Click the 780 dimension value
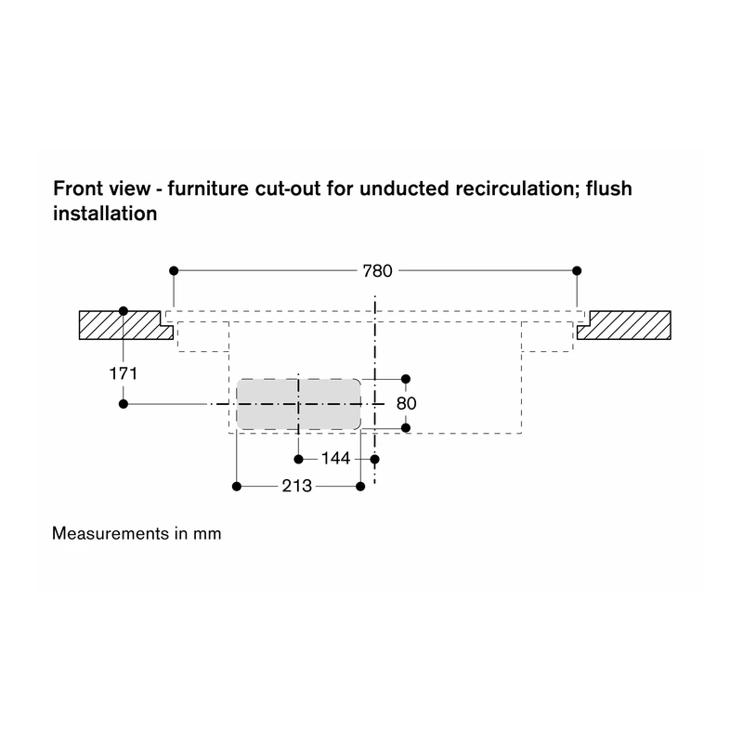(377, 271)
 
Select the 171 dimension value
(124, 374)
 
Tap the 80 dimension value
(406, 404)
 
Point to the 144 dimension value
(335, 458)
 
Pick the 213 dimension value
(297, 486)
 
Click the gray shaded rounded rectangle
(298, 404)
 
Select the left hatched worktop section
(125, 325)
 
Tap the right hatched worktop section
(623, 325)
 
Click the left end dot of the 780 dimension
(174, 270)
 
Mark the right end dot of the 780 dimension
(577, 270)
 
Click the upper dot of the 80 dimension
(406, 379)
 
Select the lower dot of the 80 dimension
(406, 428)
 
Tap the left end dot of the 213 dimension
(237, 486)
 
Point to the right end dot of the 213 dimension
(360, 486)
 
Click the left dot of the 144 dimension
(298, 459)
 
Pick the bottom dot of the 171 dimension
(124, 404)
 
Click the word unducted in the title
(404, 189)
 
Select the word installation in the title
(105, 214)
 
